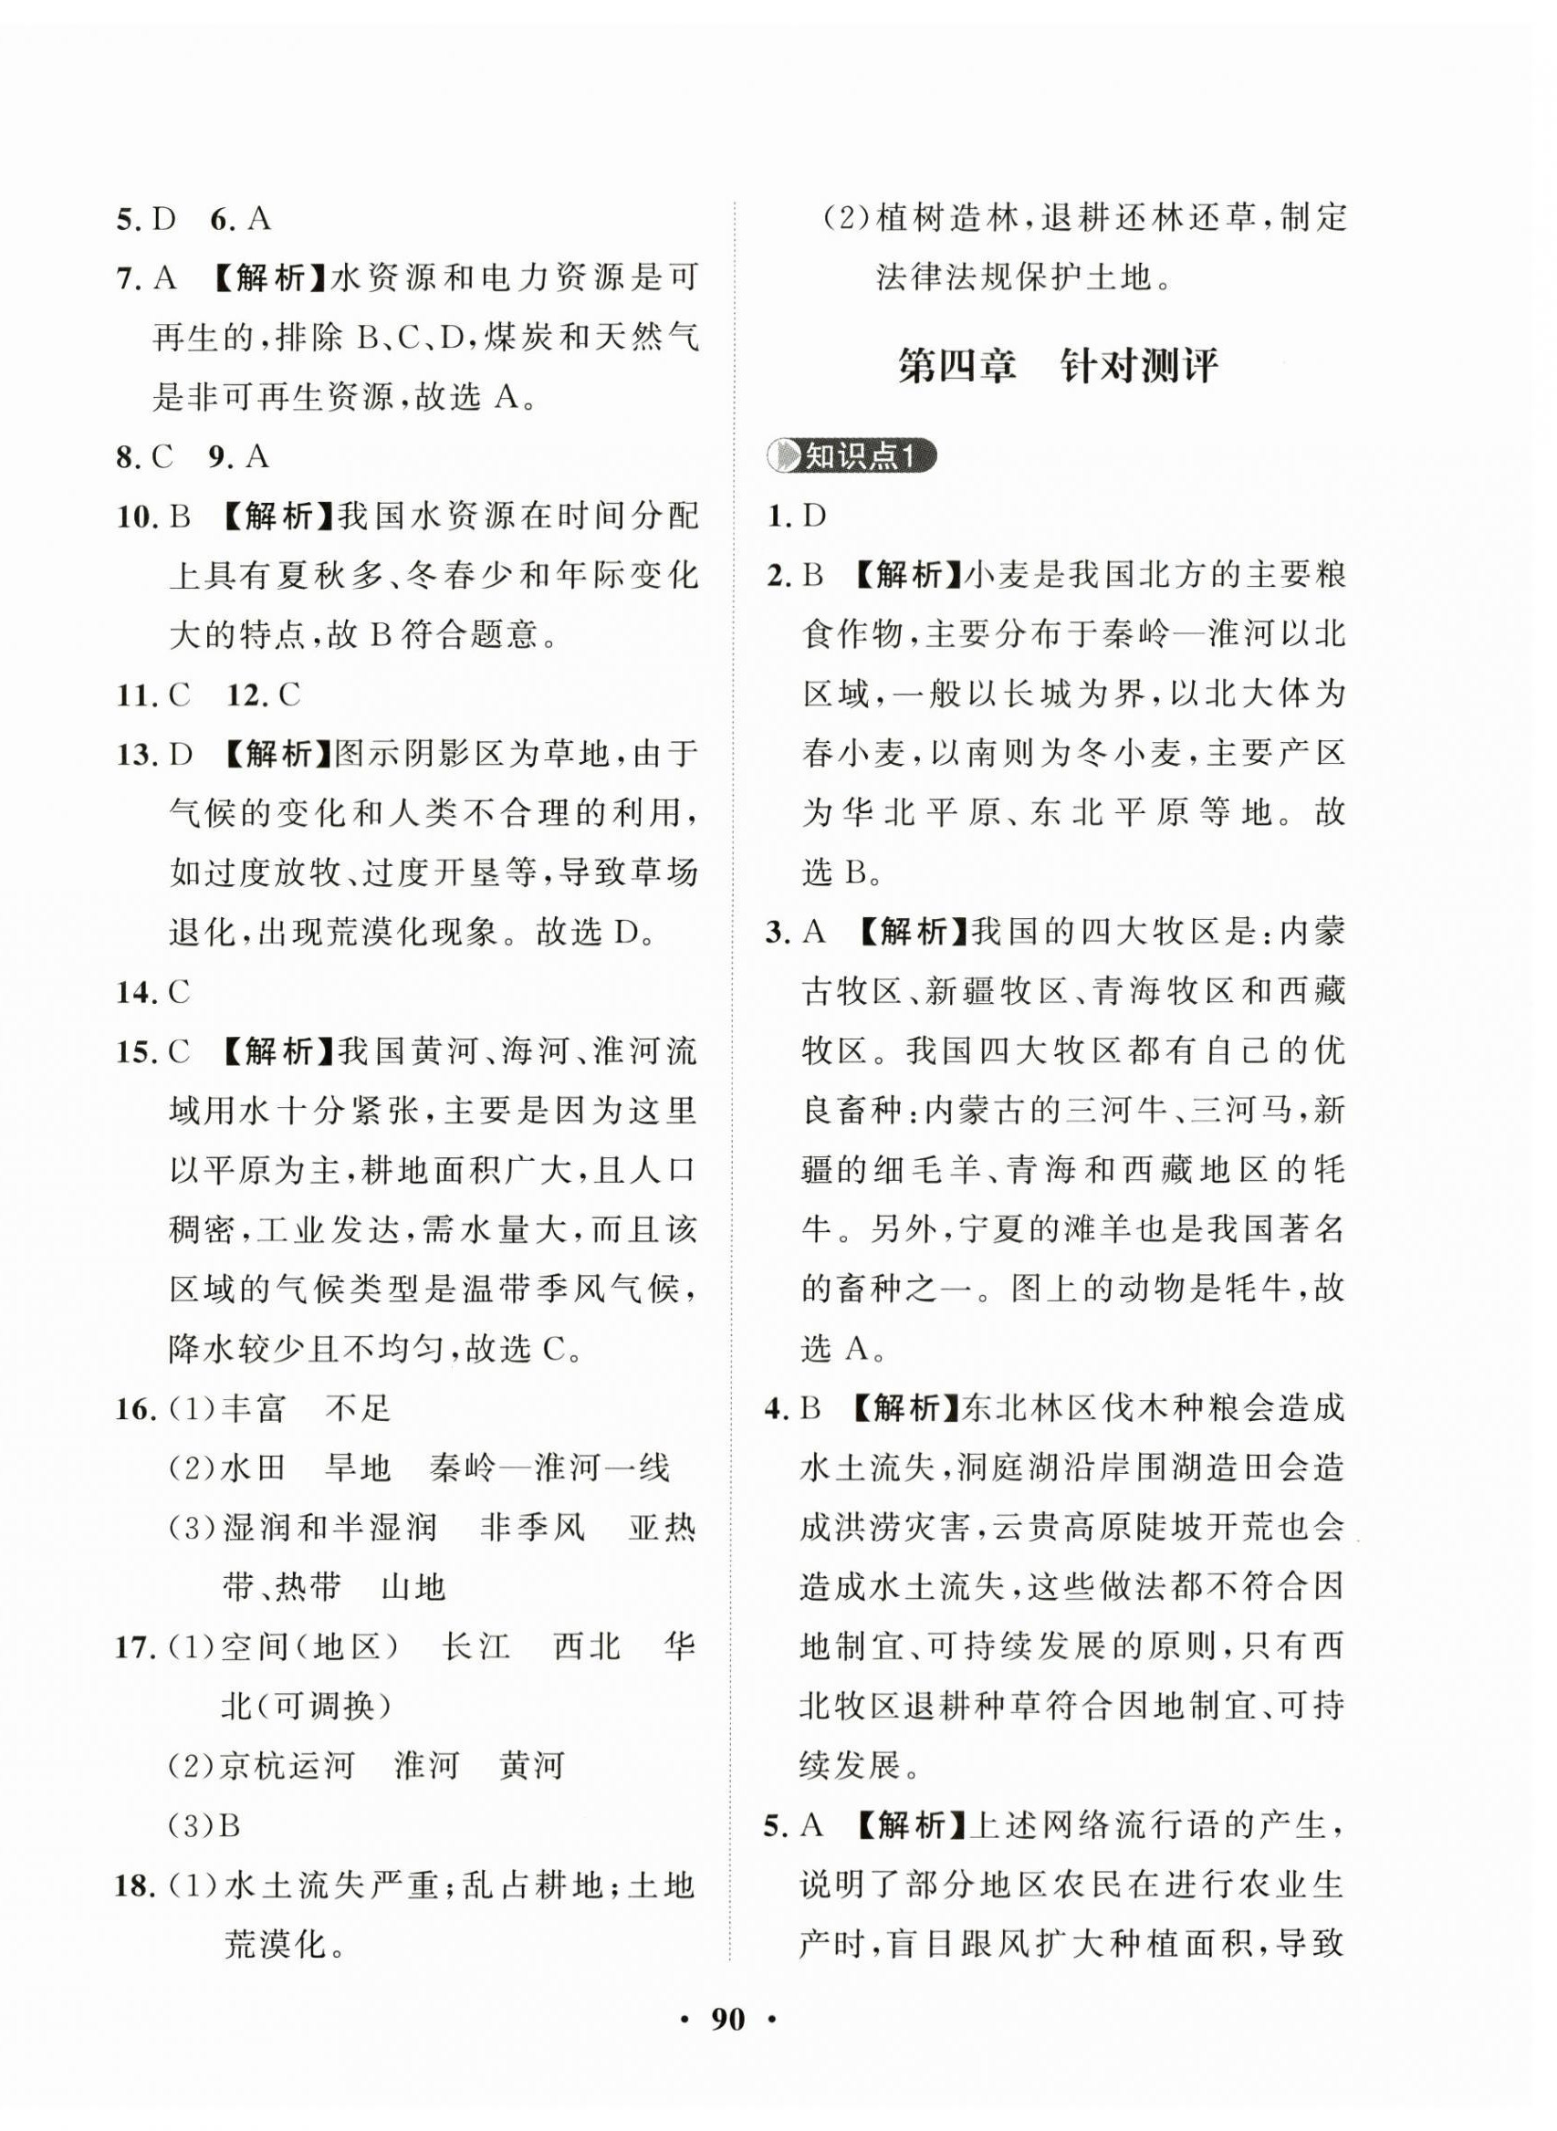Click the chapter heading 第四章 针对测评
pos(1057,366)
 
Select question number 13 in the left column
pos(135,755)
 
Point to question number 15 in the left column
pos(135,1052)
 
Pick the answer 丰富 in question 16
pos(254,1410)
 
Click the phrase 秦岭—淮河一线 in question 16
pos(549,1468)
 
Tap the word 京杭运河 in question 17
pos(287,1765)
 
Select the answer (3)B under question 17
pos(204,1826)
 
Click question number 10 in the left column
pos(135,517)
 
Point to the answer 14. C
pos(152,992)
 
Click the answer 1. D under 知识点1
pos(798,517)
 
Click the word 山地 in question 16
pos(413,1588)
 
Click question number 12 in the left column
pos(248,695)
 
